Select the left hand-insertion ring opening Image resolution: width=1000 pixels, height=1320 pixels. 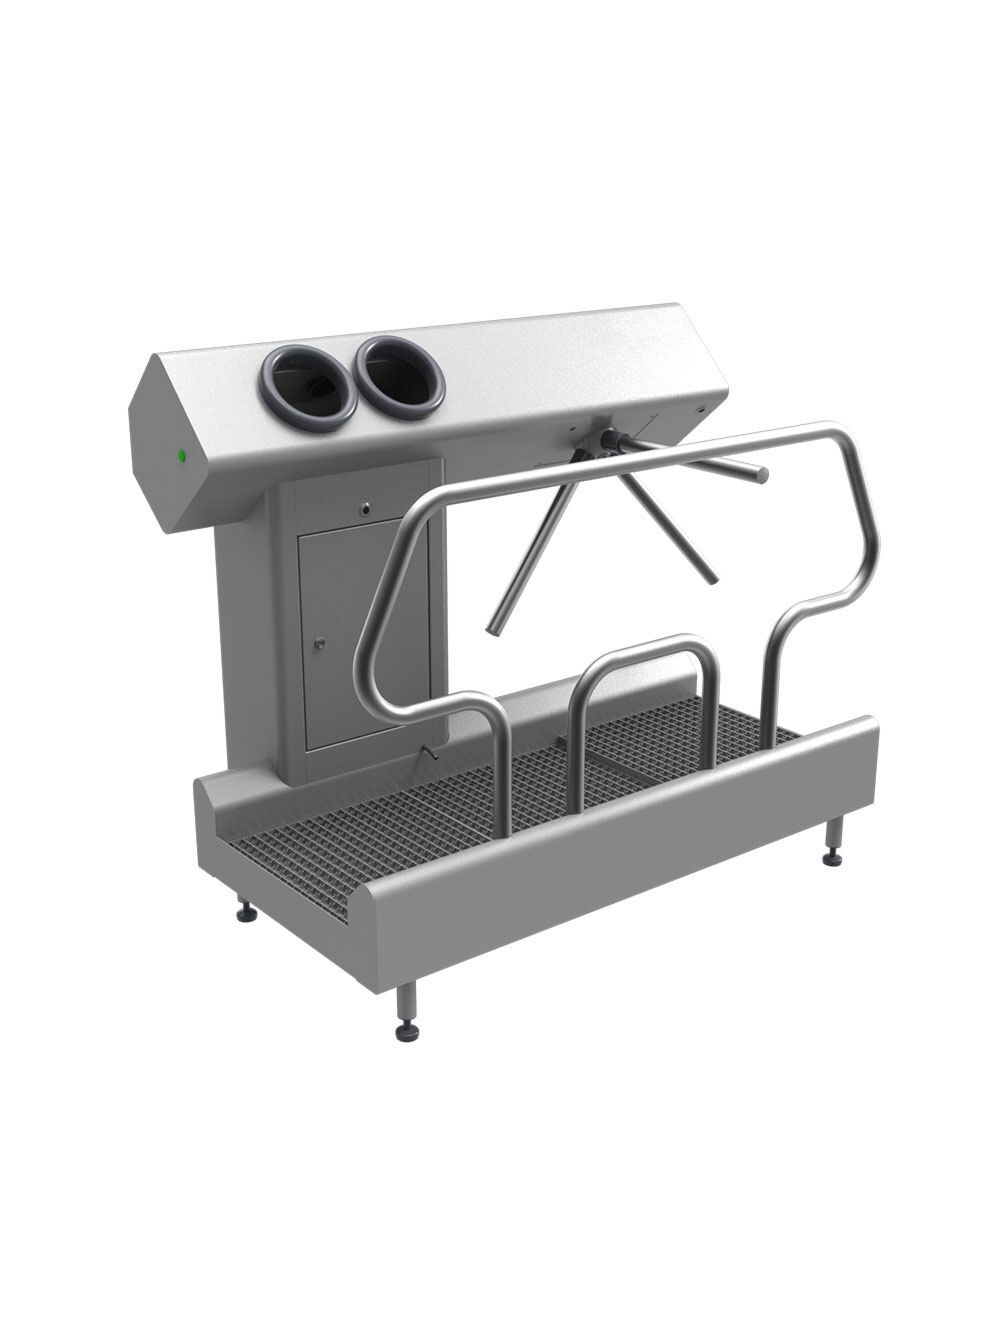point(307,388)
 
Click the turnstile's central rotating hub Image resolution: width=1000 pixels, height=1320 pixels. point(607,440)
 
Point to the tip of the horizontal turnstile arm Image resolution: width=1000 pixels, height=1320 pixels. point(762,476)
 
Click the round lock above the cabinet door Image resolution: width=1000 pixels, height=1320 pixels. point(366,508)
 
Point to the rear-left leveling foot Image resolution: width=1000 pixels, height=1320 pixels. point(245,912)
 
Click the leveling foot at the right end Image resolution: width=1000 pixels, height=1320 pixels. point(831,857)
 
